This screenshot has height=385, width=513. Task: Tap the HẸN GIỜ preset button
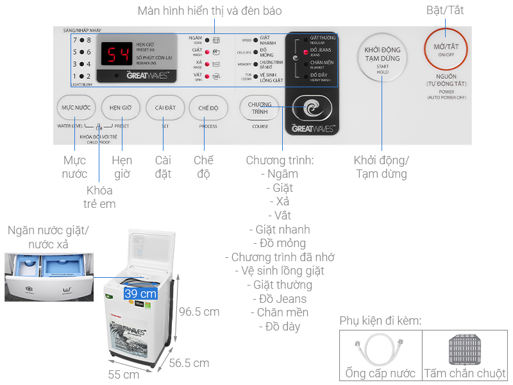point(121,108)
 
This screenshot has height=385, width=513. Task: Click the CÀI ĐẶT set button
point(161,108)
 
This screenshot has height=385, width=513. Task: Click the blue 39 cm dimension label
point(140,293)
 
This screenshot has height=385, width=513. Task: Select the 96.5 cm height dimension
point(198,312)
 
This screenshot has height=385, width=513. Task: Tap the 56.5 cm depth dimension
point(189,363)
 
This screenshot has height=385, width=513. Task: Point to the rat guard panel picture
point(465,350)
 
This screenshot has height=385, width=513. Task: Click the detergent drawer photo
point(47,277)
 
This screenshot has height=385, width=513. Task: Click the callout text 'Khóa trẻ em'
point(99,197)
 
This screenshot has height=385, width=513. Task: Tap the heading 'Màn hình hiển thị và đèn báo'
point(210,11)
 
